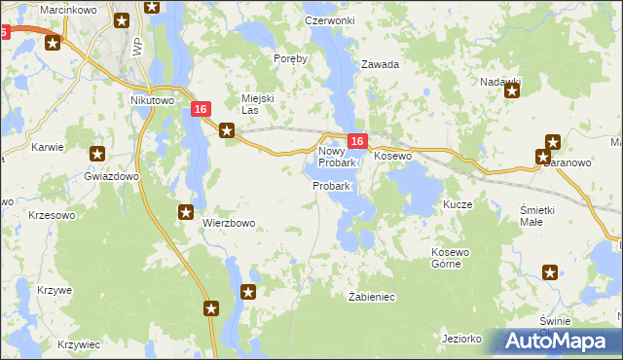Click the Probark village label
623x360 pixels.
[331, 185]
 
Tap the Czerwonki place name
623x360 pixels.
[329, 20]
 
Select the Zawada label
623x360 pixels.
[381, 64]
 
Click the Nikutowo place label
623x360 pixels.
[151, 99]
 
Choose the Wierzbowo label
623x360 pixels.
[229, 223]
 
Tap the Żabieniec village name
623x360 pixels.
[371, 296]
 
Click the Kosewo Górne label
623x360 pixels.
[451, 259]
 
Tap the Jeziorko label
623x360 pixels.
[461, 339]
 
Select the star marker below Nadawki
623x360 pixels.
[511, 91]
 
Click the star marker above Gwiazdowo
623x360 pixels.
[97, 154]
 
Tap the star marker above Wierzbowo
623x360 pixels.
[186, 211]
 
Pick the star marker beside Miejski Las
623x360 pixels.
[227, 129]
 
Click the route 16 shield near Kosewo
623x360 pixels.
[357, 142]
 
